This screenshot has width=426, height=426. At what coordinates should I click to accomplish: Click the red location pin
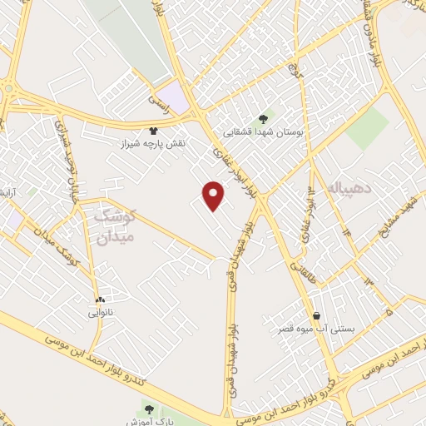coord(215,195)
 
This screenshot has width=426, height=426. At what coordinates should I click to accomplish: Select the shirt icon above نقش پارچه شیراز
coord(153,131)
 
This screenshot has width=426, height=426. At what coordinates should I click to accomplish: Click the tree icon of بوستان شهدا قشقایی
coord(264,118)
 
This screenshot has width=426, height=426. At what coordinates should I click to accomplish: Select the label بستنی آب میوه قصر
coord(316,329)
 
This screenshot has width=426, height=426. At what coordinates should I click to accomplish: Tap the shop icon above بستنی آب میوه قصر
coord(316,316)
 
